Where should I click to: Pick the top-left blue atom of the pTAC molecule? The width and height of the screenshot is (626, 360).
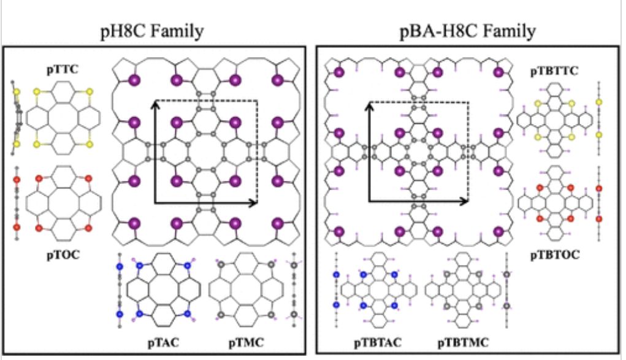point(139,266)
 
